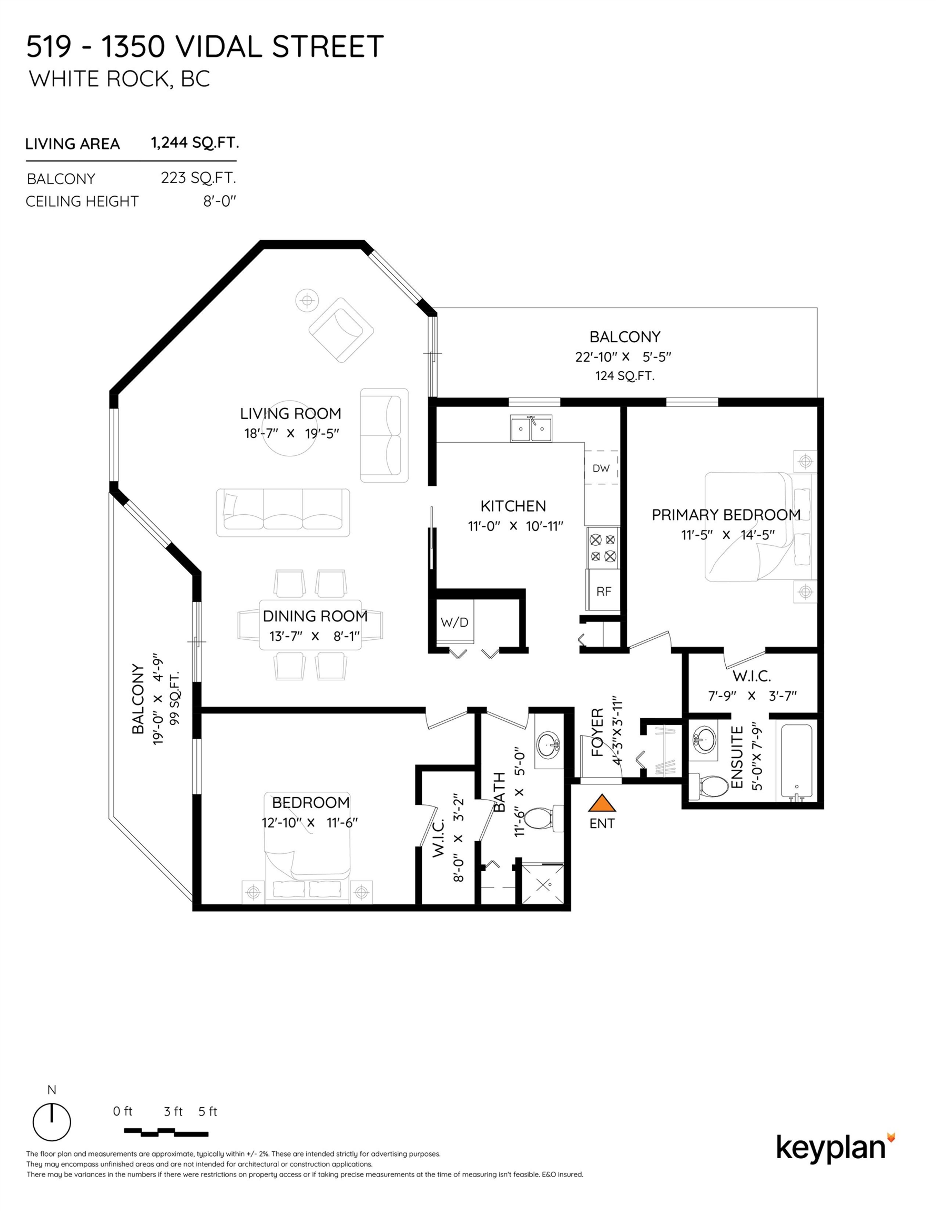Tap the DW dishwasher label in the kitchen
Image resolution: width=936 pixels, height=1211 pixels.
[x=601, y=468]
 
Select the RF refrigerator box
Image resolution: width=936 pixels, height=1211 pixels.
[x=603, y=591]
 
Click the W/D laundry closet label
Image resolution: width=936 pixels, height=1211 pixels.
[x=454, y=622]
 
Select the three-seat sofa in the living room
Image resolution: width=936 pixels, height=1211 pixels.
[x=283, y=512]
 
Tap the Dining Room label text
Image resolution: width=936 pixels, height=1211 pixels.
[x=315, y=616]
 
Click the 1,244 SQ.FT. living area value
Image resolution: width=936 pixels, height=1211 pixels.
[x=195, y=143]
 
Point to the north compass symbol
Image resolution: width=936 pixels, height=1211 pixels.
[x=52, y=1122]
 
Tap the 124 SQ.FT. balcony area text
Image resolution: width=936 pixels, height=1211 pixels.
[x=625, y=376]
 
